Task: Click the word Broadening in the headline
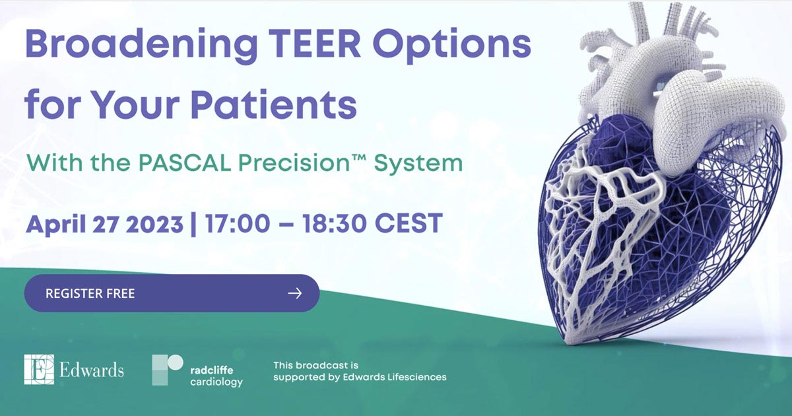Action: [x=141, y=46]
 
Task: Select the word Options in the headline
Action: [x=452, y=46]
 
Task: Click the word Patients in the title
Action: [x=274, y=104]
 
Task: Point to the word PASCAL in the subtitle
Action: [x=185, y=162]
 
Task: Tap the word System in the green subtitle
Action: [x=418, y=164]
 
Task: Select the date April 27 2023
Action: [x=105, y=224]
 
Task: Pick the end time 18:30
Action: [x=335, y=223]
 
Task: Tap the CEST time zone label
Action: [x=409, y=223]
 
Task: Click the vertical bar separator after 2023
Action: [x=193, y=225]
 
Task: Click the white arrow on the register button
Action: [x=295, y=293]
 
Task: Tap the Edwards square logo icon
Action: [x=39, y=369]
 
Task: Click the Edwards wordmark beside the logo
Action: [x=92, y=370]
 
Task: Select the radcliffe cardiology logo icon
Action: [x=167, y=370]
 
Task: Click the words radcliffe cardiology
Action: [x=216, y=376]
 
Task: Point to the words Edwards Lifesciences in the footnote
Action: [x=395, y=377]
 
